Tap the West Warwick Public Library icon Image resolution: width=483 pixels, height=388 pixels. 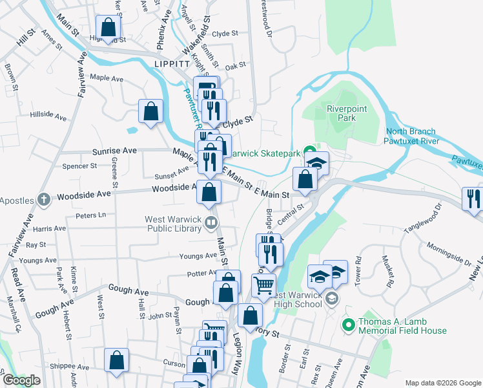(x=211, y=224)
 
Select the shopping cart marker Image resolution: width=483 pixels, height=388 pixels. (x=263, y=285)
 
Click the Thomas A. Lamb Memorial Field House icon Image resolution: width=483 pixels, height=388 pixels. (x=348, y=324)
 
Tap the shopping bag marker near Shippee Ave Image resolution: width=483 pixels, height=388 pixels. (x=116, y=360)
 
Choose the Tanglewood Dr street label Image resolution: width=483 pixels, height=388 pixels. (x=425, y=220)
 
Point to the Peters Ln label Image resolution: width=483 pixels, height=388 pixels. (x=90, y=215)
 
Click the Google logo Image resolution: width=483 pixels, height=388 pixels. (x=21, y=381)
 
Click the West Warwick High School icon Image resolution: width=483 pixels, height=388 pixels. (x=331, y=298)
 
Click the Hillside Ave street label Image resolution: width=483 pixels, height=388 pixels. (x=48, y=117)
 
